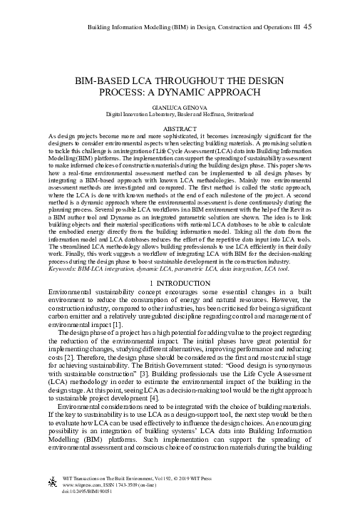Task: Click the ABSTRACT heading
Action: pyautogui.click(x=180, y=128)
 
